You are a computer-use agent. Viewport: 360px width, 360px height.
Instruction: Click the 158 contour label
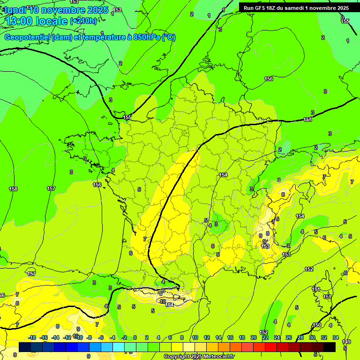[x=13, y=189]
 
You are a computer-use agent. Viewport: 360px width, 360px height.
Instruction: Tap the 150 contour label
[x=317, y=325]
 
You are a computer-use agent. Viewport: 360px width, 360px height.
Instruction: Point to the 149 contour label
[x=346, y=342]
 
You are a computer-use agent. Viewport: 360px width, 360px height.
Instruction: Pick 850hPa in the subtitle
[x=147, y=37]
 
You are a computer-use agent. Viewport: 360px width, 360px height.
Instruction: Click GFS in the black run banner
[x=262, y=8]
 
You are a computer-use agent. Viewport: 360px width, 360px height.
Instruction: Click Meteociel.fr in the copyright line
[x=214, y=357]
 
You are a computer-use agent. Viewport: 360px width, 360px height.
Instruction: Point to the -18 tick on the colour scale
[x=32, y=337]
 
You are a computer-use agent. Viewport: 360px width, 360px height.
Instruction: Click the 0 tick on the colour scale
[x=135, y=337]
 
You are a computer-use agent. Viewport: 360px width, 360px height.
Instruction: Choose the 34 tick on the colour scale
[x=336, y=337]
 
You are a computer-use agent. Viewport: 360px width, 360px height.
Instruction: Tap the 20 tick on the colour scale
[x=254, y=337]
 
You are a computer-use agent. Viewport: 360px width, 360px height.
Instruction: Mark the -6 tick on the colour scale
[x=101, y=337]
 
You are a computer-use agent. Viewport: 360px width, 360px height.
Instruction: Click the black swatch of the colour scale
[x=330, y=347]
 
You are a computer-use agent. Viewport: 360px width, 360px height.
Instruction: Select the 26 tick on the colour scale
[x=289, y=337]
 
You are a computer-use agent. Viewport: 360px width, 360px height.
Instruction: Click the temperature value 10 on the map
[x=163, y=301]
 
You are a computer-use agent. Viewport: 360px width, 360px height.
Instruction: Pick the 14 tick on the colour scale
[x=218, y=337]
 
